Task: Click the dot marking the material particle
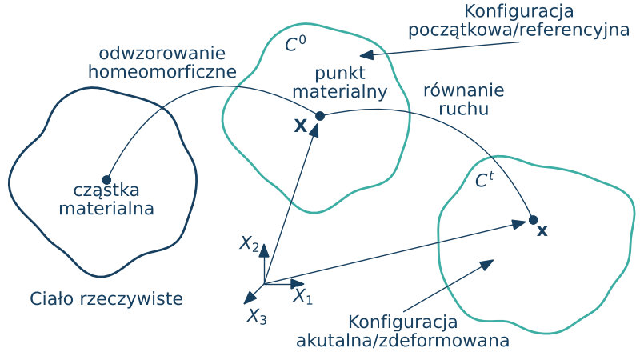point(106,179)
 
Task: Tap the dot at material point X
point(320,116)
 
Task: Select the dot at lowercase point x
point(534,219)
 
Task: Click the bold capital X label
point(301,126)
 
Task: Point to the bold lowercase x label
point(542,232)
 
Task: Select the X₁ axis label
point(302,297)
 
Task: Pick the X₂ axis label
point(250,243)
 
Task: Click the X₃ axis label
point(256,316)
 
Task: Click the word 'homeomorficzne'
point(162,71)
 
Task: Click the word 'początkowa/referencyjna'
point(518,30)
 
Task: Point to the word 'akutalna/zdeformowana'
point(403,341)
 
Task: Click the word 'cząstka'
point(106,191)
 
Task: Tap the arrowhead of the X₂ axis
point(264,251)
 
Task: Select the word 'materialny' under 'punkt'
point(339,91)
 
